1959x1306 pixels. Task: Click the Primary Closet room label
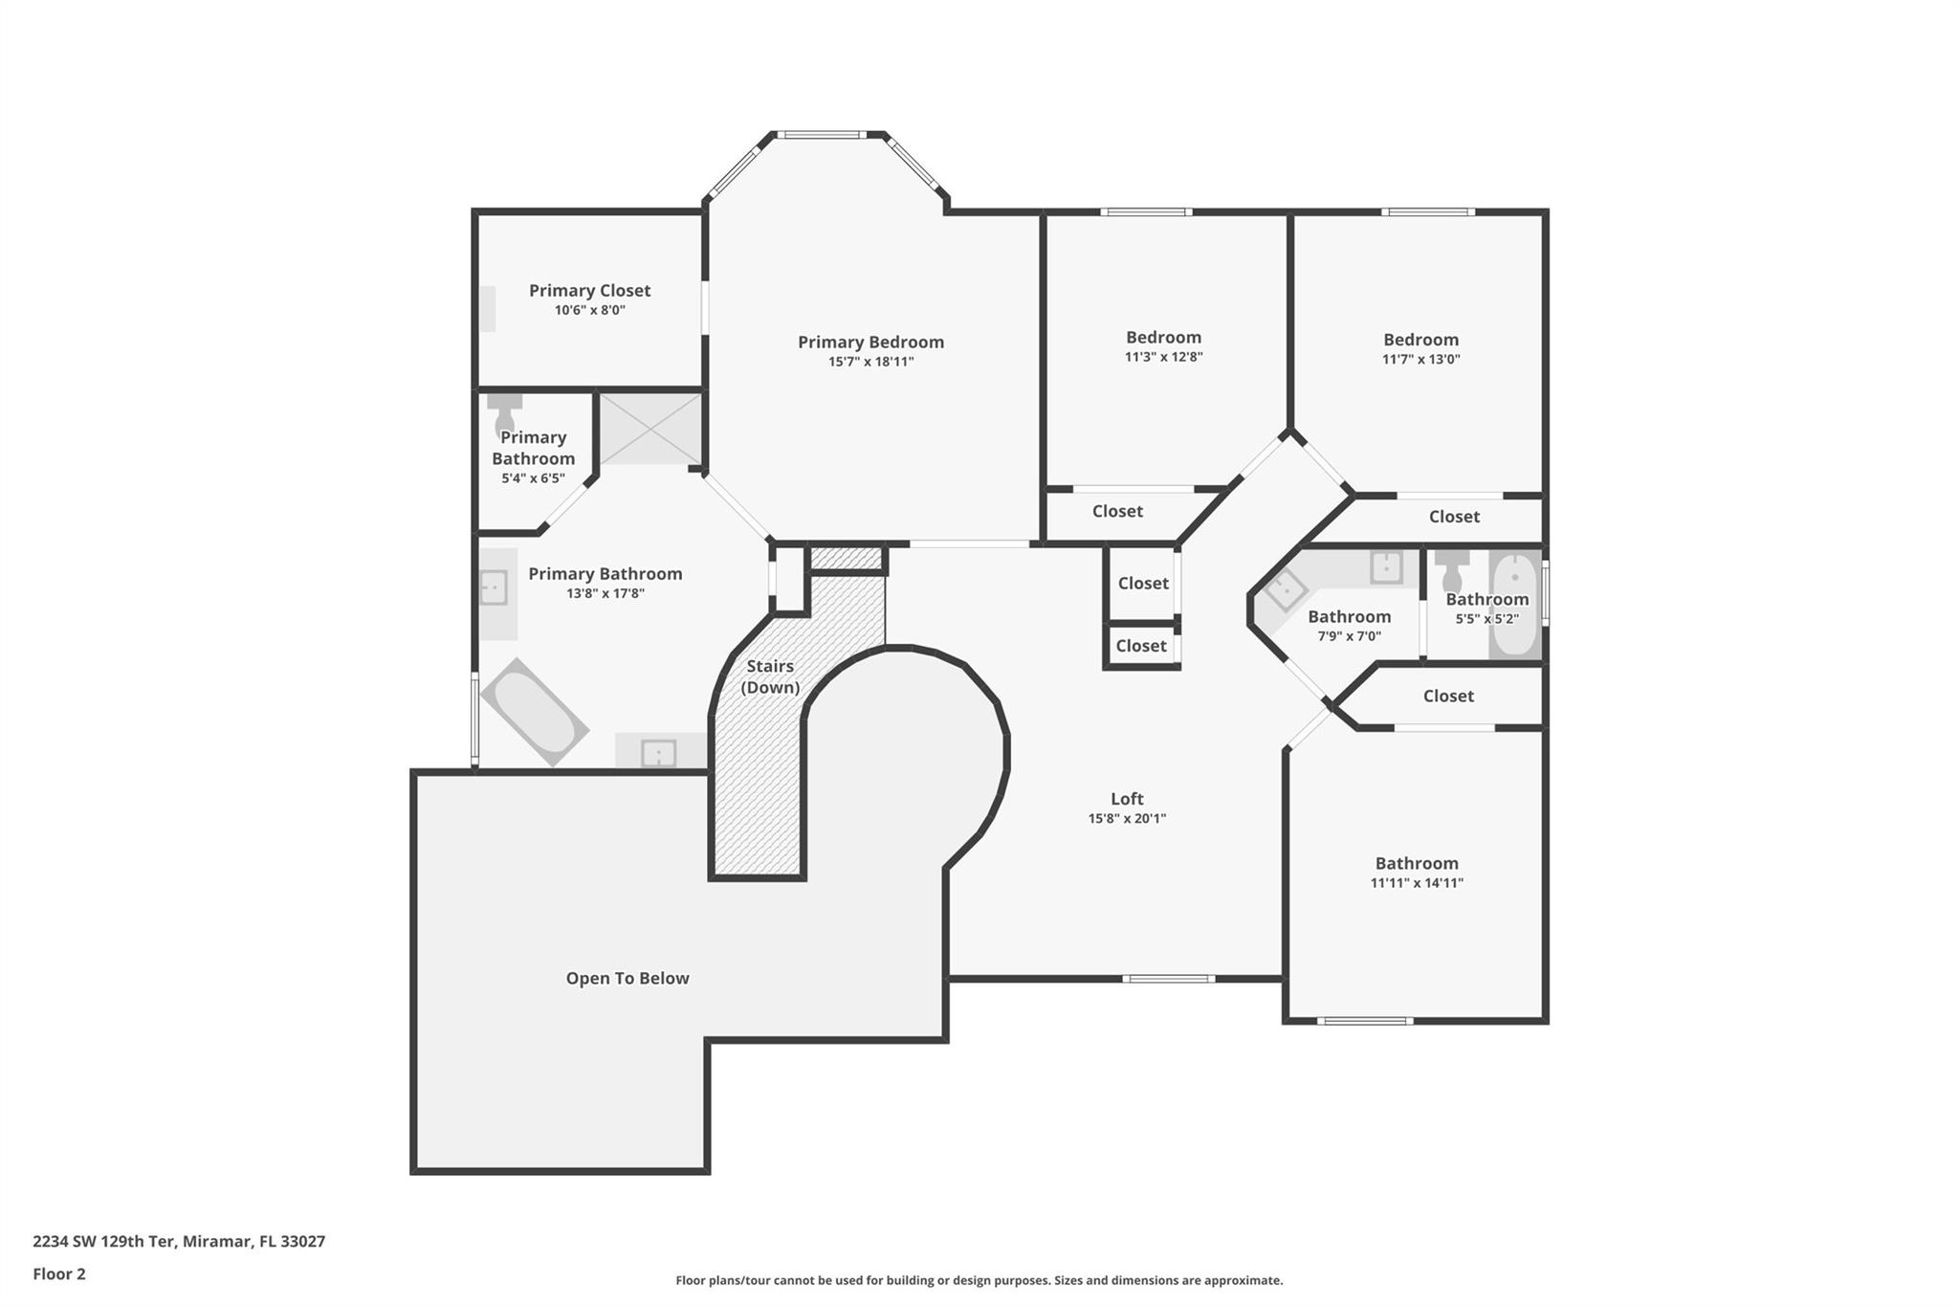pyautogui.click(x=589, y=290)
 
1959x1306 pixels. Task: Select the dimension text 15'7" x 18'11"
pyautogui.click(x=870, y=362)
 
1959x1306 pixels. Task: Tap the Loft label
pyautogui.click(x=1127, y=798)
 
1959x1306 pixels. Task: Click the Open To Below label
pyautogui.click(x=627, y=978)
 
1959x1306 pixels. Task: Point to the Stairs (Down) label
pyautogui.click(x=770, y=675)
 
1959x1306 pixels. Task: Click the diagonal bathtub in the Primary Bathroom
pyautogui.click(x=534, y=711)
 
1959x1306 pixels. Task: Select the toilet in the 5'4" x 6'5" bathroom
pyautogui.click(x=504, y=413)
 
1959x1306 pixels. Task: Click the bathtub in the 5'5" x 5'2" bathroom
pyautogui.click(x=1514, y=605)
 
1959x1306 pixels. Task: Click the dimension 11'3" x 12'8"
pyautogui.click(x=1163, y=357)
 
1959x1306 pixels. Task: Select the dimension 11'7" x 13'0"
pyautogui.click(x=1420, y=360)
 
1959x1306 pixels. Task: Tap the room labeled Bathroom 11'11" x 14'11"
pyautogui.click(x=1416, y=872)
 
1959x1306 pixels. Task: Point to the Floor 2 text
pyautogui.click(x=59, y=1273)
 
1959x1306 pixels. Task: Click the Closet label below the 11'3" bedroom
pyautogui.click(x=1117, y=511)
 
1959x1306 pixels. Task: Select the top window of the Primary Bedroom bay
pyautogui.click(x=821, y=135)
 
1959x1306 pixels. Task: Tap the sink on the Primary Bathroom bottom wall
pyautogui.click(x=658, y=753)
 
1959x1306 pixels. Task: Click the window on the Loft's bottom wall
pyautogui.click(x=1168, y=979)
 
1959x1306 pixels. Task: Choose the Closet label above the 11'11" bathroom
pyautogui.click(x=1447, y=696)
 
